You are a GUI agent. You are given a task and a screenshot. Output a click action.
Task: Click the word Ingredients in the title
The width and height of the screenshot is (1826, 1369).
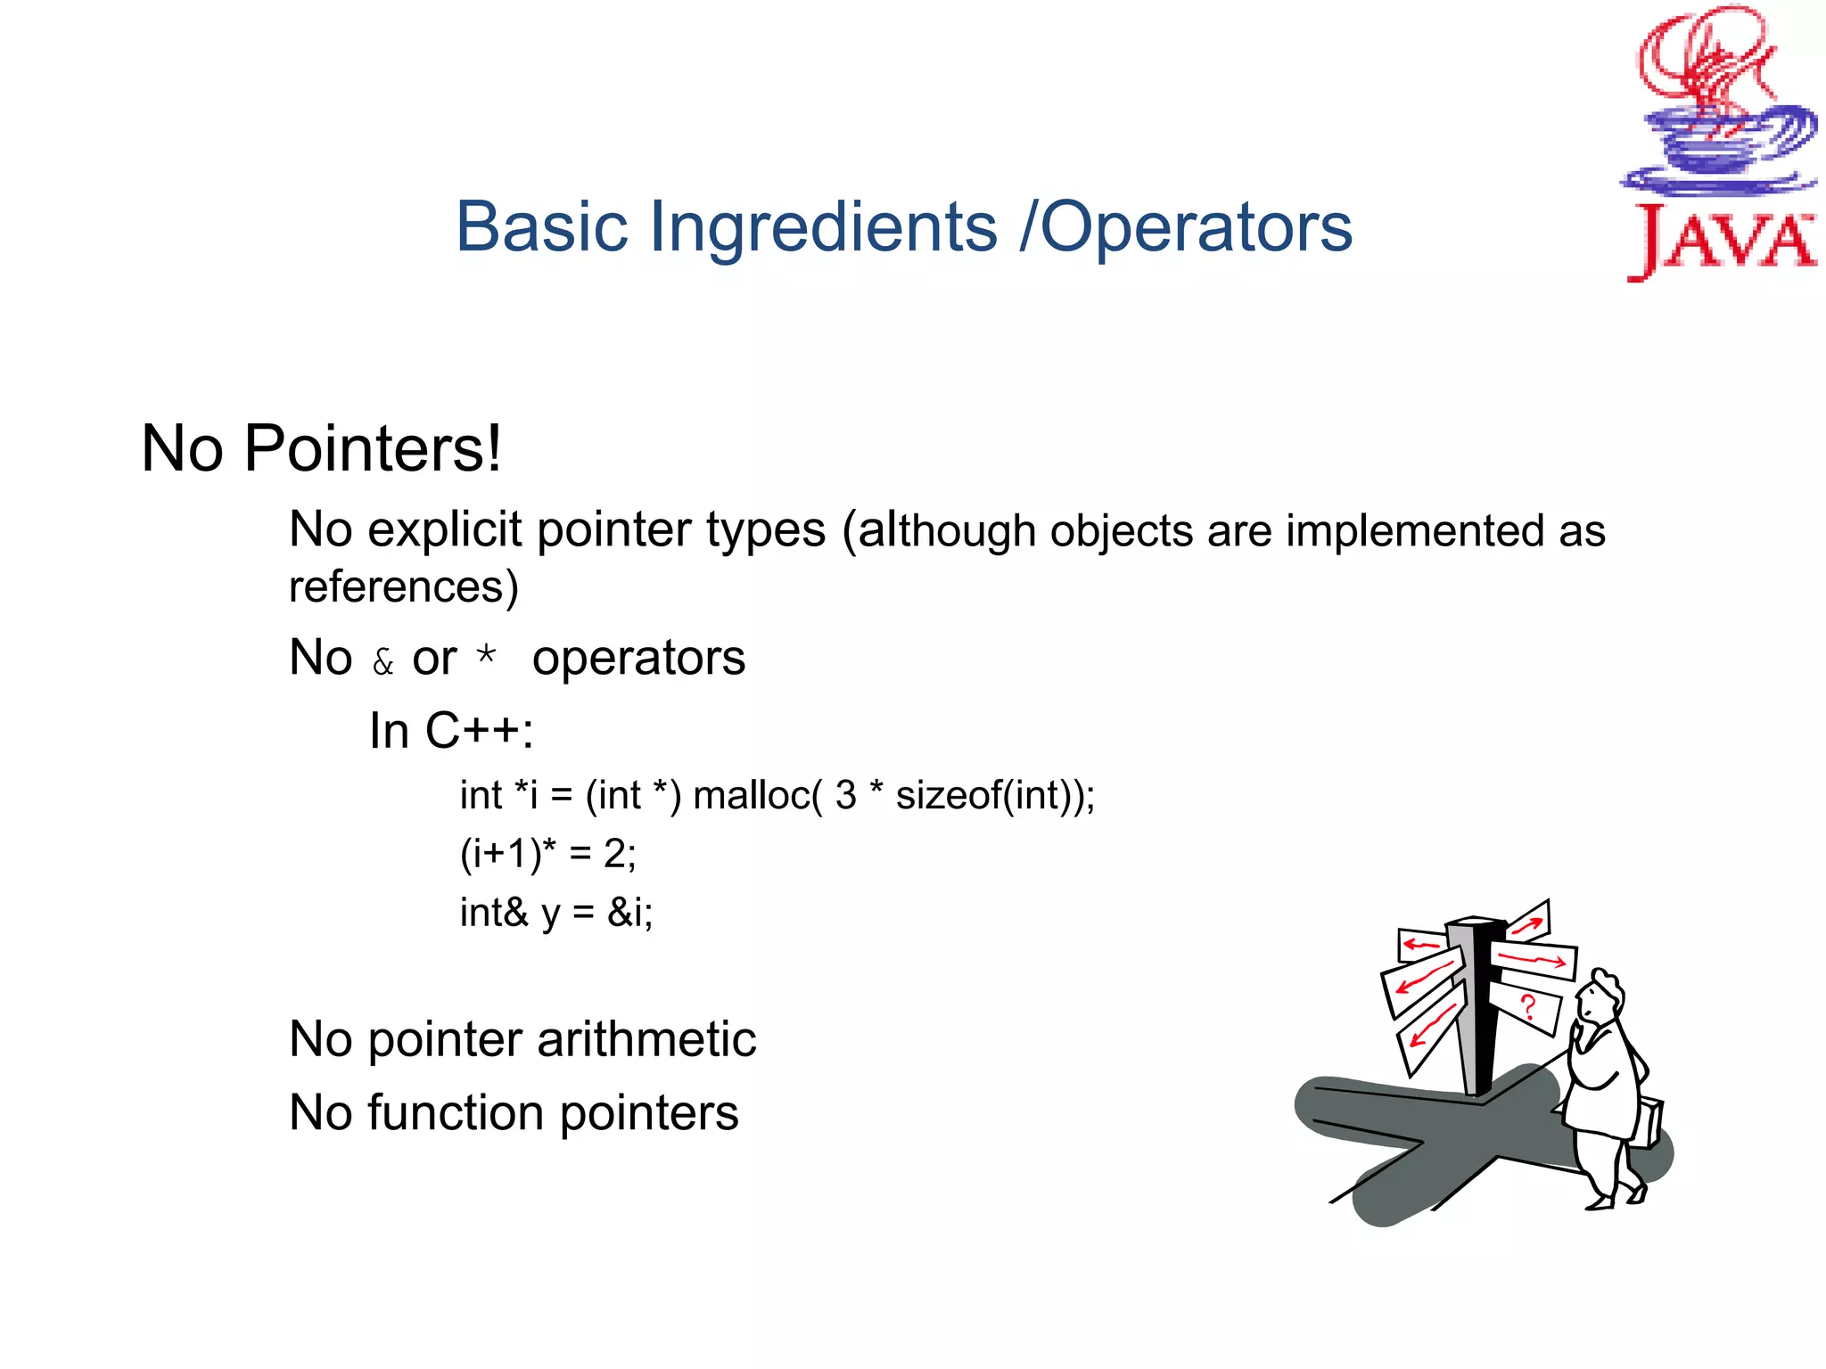[823, 228]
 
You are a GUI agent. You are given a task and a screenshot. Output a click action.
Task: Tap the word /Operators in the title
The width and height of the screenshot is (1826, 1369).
[1186, 228]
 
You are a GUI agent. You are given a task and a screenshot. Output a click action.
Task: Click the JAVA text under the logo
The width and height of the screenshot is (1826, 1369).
[1721, 241]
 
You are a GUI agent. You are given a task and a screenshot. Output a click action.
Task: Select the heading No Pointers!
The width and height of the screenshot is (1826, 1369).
[321, 448]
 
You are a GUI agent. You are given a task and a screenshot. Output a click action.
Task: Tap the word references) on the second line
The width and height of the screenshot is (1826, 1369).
[403, 586]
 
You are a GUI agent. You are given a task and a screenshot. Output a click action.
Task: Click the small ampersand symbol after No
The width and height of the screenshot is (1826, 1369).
[382, 662]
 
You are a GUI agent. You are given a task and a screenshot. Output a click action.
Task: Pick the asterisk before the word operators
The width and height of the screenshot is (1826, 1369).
[486, 656]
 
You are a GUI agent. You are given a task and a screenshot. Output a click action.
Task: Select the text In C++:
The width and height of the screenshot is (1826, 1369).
[451, 732]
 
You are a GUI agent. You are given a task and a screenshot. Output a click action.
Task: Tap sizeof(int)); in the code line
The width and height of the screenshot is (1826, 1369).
[995, 795]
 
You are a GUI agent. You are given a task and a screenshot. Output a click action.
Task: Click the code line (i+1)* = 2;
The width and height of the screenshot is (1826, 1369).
[547, 854]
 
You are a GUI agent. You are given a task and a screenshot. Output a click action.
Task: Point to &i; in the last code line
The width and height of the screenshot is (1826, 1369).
[629, 913]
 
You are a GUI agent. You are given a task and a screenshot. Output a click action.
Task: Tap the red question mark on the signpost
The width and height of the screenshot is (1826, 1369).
[1528, 1007]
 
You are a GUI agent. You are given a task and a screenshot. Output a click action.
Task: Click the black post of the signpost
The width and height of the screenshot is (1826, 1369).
[1483, 1016]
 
